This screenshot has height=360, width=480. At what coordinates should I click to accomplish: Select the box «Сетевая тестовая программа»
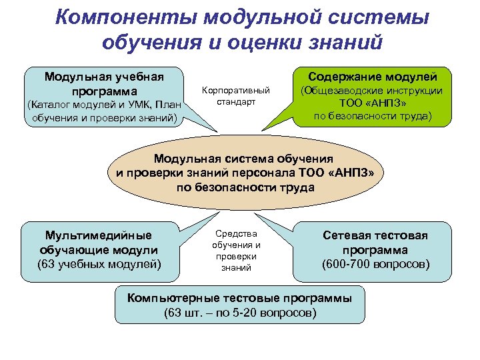[x=375, y=250]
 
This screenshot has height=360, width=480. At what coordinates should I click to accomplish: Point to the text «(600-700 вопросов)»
[x=375, y=265]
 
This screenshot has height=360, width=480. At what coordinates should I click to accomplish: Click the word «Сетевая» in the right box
[x=352, y=235]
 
